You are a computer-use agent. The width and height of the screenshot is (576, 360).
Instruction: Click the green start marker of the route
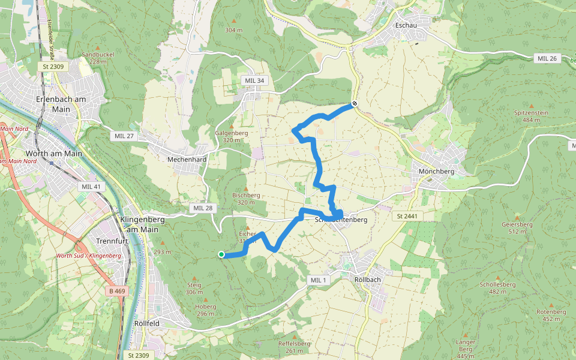(x=221, y=254)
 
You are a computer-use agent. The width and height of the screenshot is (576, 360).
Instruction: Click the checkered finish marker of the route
(x=355, y=104)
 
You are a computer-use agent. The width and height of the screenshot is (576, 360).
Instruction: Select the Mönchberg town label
(x=436, y=171)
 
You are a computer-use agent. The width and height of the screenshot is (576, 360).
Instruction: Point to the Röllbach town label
(x=368, y=280)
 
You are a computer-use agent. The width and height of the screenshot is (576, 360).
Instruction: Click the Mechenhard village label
(x=187, y=160)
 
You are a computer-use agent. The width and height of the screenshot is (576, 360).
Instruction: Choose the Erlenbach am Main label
(x=61, y=104)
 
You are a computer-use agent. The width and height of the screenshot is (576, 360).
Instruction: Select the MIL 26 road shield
(x=547, y=58)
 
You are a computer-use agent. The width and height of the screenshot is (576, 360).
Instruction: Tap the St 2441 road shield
(x=406, y=215)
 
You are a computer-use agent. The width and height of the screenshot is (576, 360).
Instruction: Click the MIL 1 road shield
(x=318, y=280)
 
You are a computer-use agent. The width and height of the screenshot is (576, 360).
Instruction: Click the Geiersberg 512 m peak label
(x=505, y=227)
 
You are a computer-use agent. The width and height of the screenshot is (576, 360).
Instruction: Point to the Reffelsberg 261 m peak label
(x=294, y=347)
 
